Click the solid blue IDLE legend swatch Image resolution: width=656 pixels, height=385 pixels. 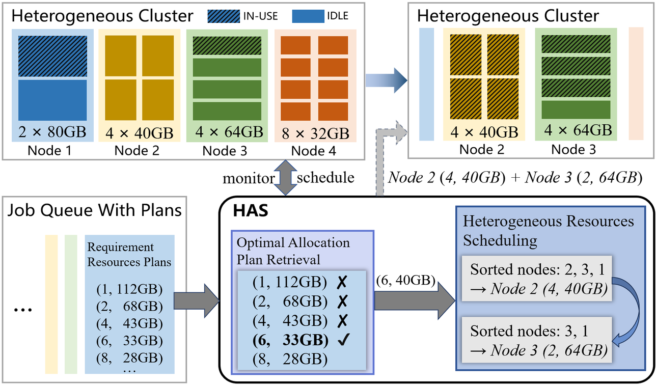[308, 16]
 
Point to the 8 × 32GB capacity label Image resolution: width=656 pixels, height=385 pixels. [315, 134]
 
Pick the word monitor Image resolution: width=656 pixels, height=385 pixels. [248, 178]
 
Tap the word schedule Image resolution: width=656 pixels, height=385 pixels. [325, 178]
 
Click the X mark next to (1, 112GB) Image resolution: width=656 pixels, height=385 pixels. [342, 282]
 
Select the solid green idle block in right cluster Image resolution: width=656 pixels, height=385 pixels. [576, 109]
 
